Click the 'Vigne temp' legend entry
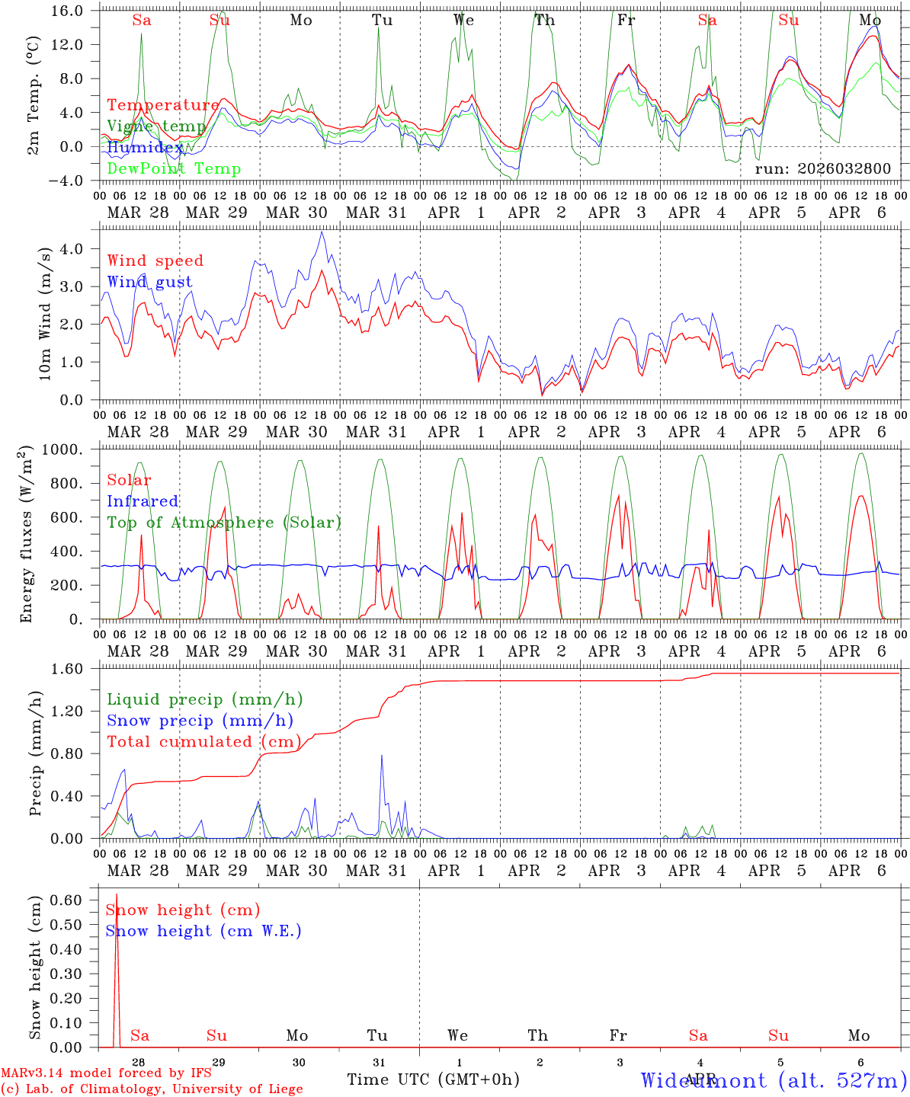pyautogui.click(x=156, y=126)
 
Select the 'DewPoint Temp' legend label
pyautogui.click(x=174, y=168)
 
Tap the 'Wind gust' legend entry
pyautogui.click(x=149, y=282)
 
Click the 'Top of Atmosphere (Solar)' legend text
pyautogui.click(x=223, y=523)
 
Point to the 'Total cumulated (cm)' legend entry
pyautogui.click(x=203, y=742)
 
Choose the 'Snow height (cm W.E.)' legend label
pyautogui.click(x=203, y=931)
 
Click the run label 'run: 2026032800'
pyautogui.click(x=822, y=168)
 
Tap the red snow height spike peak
pyautogui.click(x=117, y=894)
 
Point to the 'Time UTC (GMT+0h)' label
pyautogui.click(x=433, y=1079)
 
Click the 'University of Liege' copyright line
pyautogui.click(x=152, y=1089)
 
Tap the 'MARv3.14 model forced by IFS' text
pyautogui.click(x=106, y=1073)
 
